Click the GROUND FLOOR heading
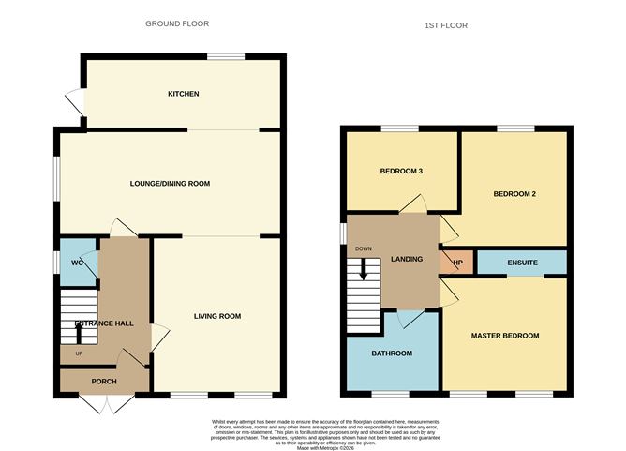click(x=177, y=23)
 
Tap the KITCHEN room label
click(x=183, y=94)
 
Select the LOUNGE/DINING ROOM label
click(x=170, y=184)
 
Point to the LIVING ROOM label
click(x=217, y=317)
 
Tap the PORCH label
click(x=104, y=382)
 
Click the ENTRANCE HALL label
click(x=102, y=324)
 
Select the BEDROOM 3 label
click(x=401, y=172)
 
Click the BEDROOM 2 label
click(x=514, y=195)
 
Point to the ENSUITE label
click(x=522, y=263)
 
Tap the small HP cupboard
click(x=458, y=263)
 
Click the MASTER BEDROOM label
click(x=505, y=336)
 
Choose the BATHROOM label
click(x=391, y=353)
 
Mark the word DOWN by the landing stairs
click(x=363, y=249)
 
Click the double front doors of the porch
click(x=104, y=403)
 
